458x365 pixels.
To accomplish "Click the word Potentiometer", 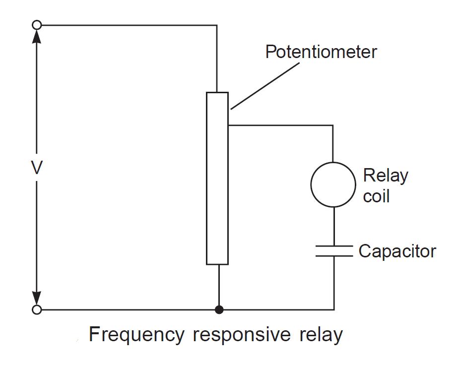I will pos(321,52).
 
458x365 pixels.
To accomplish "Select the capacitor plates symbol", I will pos(333,250).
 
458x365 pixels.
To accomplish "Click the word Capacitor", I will pos(397,251).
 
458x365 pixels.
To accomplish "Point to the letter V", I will pos(36,169).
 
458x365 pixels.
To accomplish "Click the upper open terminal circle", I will pos(36,25).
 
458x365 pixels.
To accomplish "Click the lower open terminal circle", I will pos(36,310).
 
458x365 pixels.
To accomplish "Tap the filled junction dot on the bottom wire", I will pos(218,310).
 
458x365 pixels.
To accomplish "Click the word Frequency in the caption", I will pos(135,335).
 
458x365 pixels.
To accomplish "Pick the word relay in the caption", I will pos(321,335).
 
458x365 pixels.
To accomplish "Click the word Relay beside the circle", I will pos(386,176).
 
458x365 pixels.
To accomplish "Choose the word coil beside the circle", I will pos(376,196).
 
